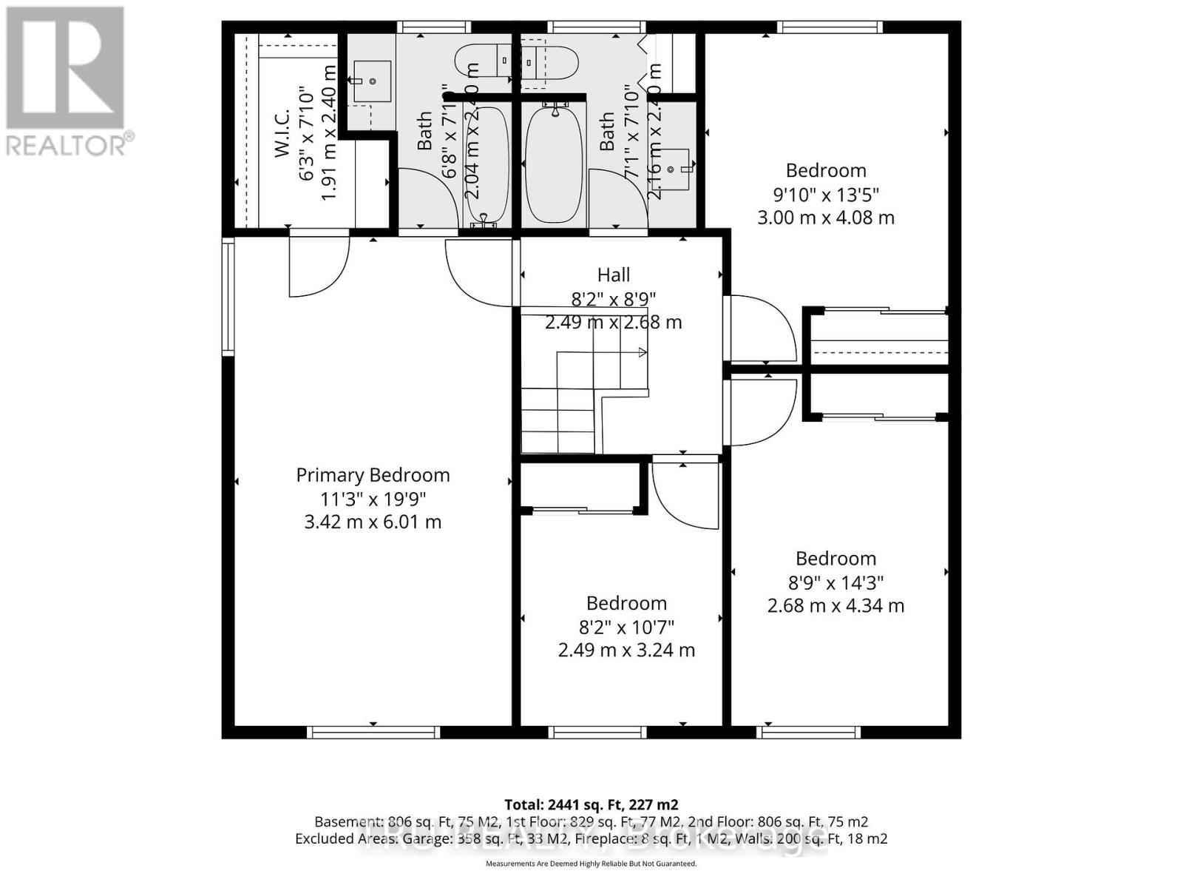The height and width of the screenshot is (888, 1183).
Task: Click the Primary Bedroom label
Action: click(x=373, y=475)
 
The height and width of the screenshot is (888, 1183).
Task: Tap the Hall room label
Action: click(x=613, y=275)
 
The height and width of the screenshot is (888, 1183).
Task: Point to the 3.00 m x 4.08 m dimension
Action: click(x=826, y=218)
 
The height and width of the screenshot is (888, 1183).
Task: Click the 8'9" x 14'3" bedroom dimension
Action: click(x=835, y=582)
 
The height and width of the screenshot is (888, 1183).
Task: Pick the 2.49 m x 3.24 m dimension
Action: click(x=626, y=650)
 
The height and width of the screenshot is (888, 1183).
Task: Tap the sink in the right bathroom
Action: click(x=674, y=169)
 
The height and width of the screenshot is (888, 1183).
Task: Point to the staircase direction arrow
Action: click(x=642, y=353)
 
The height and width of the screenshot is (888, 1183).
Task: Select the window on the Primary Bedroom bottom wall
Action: click(x=373, y=732)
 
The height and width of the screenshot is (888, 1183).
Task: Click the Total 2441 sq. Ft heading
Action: click(x=591, y=804)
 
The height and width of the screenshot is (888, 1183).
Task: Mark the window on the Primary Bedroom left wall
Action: click(x=228, y=296)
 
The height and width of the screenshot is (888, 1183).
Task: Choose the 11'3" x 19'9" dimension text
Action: click(x=373, y=499)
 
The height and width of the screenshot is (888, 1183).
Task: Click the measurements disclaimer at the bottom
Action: click(x=591, y=864)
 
